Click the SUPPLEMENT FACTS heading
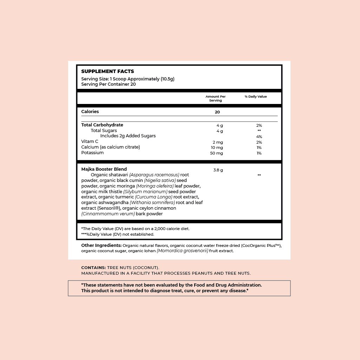click(x=107, y=72)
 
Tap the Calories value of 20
click(x=217, y=112)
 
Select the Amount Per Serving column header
click(x=216, y=98)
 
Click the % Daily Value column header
click(x=256, y=97)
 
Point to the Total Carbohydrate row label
click(x=102, y=125)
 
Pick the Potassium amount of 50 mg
click(x=217, y=153)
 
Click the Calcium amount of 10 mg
click(x=217, y=148)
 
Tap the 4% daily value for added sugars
click(x=259, y=137)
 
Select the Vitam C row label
click(x=90, y=142)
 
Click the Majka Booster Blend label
click(x=104, y=169)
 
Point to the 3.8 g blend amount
click(x=218, y=170)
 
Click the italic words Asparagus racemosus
click(x=154, y=175)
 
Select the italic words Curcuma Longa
click(x=153, y=197)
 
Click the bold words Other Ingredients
click(x=102, y=246)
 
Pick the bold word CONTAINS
click(x=93, y=268)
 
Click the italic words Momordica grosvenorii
click(x=183, y=251)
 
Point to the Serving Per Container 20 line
click(x=109, y=84)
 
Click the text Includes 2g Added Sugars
click(x=128, y=136)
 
